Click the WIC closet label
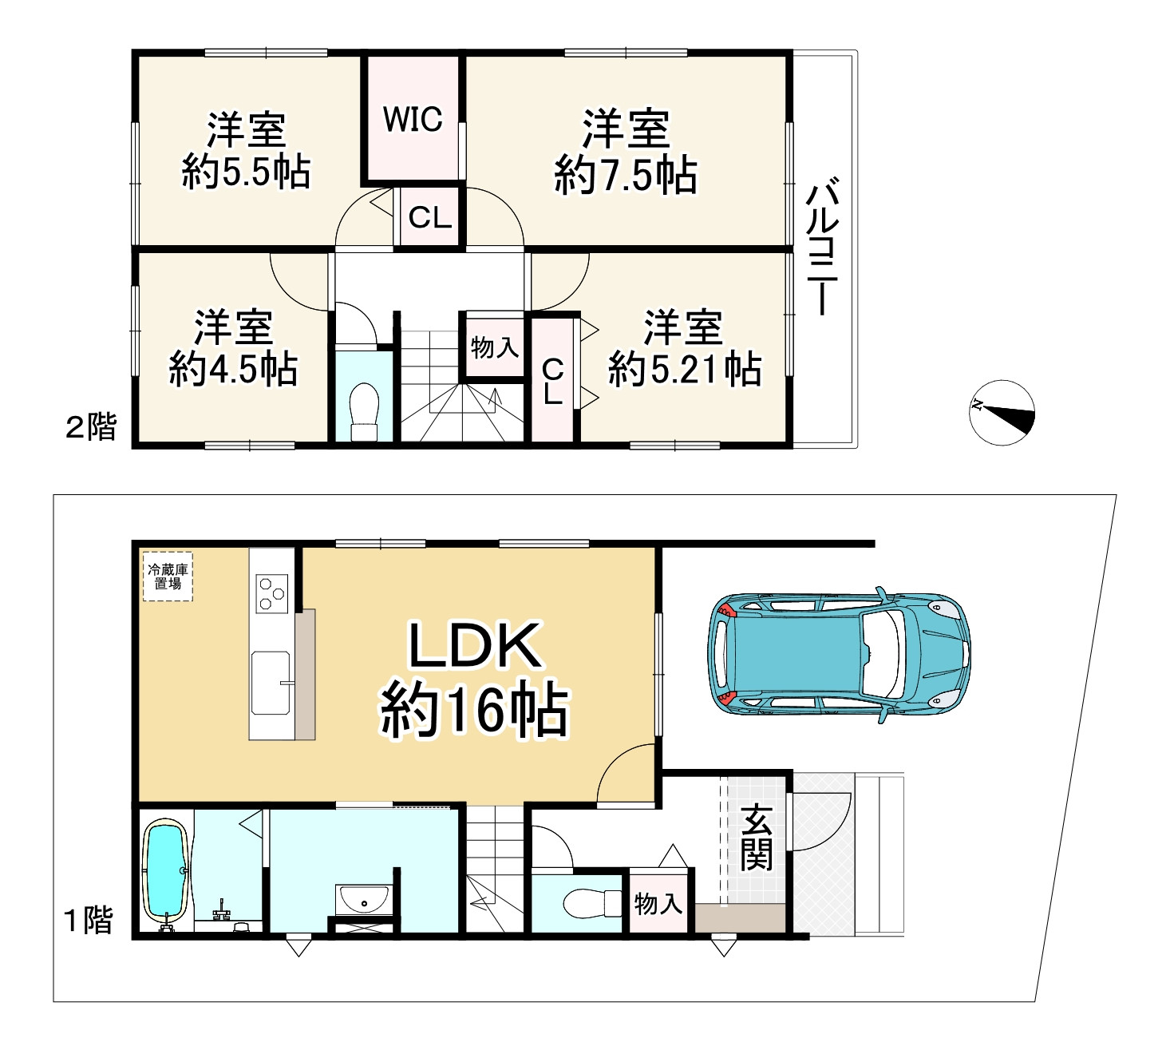pos(413,119)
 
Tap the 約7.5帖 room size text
pos(626,175)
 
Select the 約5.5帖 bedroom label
pos(246,171)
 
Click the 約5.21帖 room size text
pos(684,368)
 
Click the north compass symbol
pos(1002,413)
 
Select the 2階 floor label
pos(91,427)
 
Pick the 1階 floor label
pos(88,921)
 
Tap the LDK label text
pos(475,645)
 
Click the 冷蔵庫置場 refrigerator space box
pos(168,577)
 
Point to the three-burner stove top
pos(272,594)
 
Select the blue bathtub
pos(167,873)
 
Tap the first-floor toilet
pos(592,904)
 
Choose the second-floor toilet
pos(365,411)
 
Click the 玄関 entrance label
pos(757,838)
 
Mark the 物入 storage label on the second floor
pos(494,348)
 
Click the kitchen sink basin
pos(271,683)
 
